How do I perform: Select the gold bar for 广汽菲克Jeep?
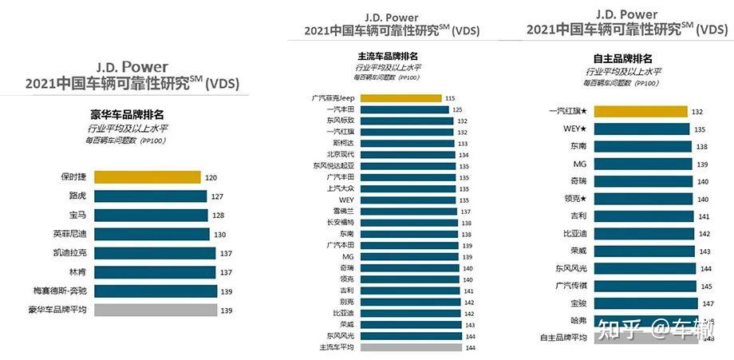coord(401,97)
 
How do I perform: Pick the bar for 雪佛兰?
coord(410,212)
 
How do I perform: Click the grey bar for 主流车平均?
coord(411,347)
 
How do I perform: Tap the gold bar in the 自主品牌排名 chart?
coord(641,112)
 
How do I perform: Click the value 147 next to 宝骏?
coord(708,303)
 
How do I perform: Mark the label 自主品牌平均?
coord(564,338)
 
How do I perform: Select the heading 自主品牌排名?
coord(623,58)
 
